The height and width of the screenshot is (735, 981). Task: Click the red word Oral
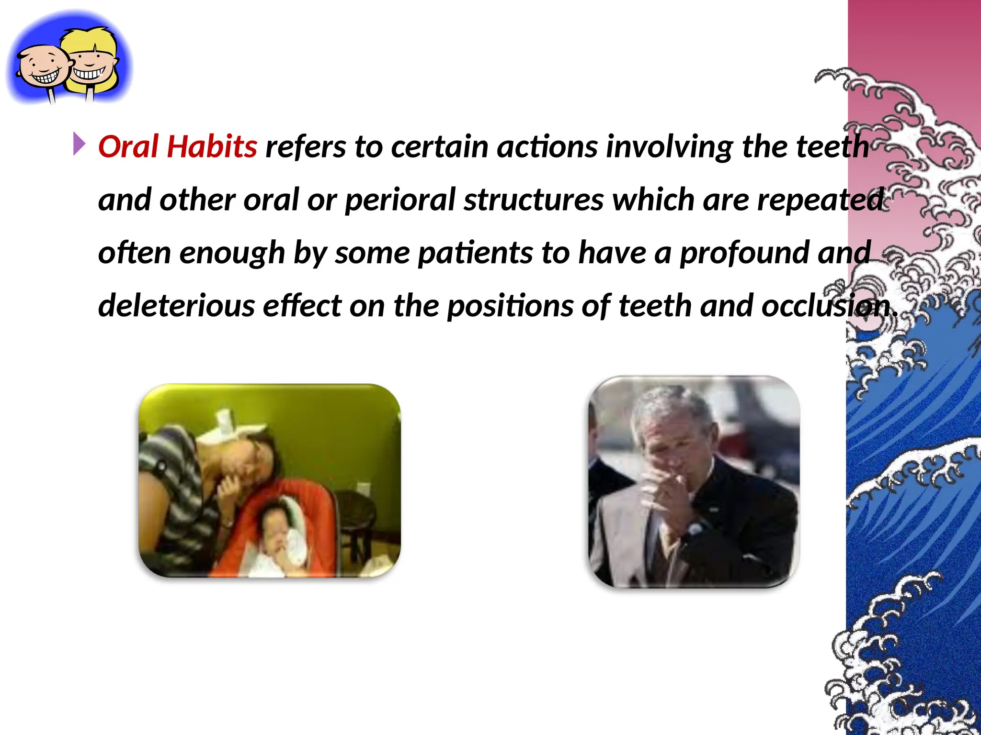coord(128,146)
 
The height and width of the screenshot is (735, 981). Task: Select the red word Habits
coord(212,146)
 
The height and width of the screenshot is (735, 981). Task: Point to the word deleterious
coord(176,306)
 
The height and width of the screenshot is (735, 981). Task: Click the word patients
coord(475,253)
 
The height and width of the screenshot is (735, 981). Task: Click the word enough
coord(232,253)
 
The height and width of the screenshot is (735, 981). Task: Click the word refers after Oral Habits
coord(306,146)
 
